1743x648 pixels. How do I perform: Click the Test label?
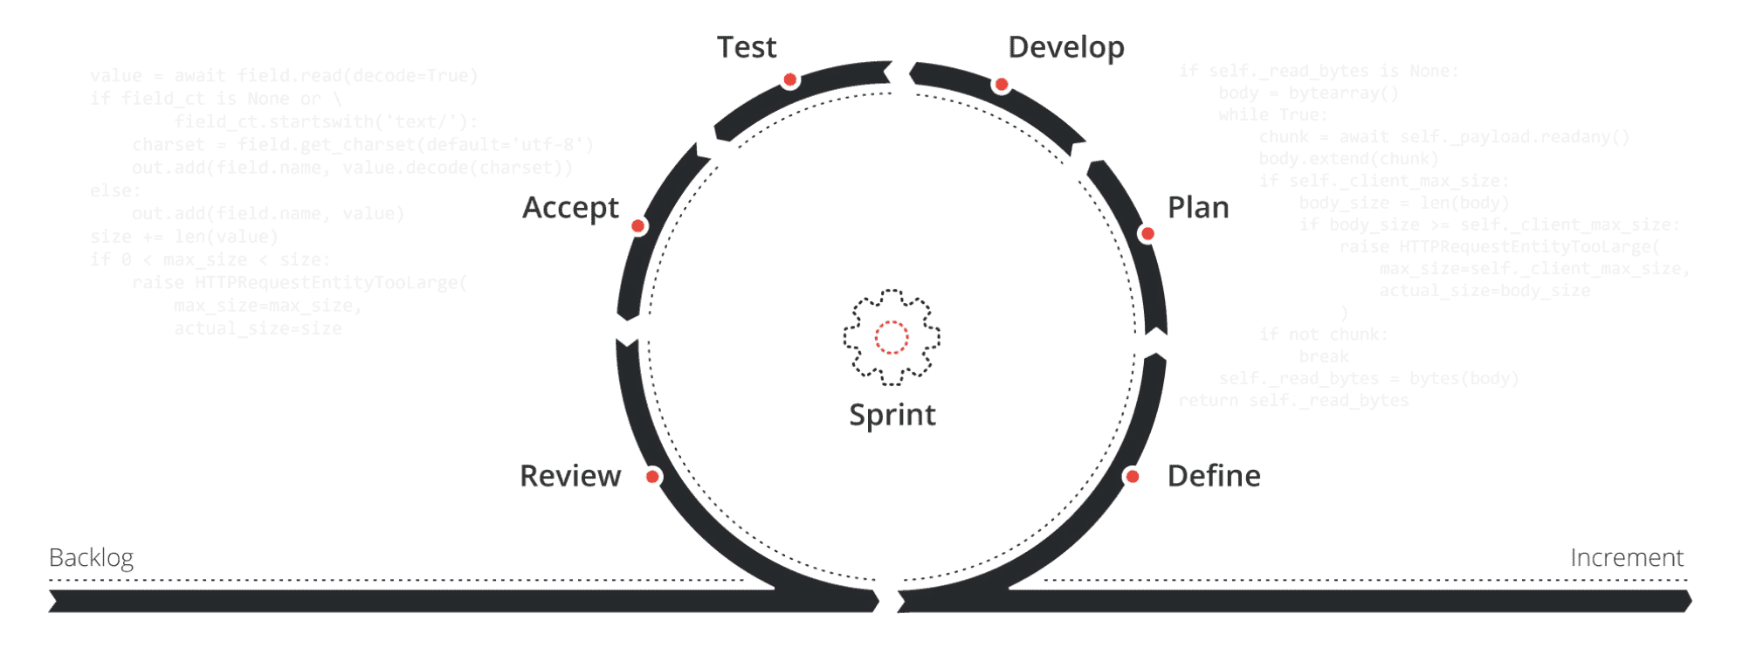click(x=747, y=47)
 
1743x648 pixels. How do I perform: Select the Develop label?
click(x=1066, y=47)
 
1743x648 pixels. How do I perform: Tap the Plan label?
click(x=1198, y=208)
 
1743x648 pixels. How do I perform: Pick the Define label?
click(x=1214, y=476)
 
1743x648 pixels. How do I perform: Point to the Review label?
click(x=570, y=476)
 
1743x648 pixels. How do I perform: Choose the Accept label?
click(x=570, y=208)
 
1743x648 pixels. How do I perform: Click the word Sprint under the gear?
click(x=892, y=415)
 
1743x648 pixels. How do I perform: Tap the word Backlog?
click(x=91, y=557)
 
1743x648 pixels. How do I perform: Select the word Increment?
click(x=1627, y=557)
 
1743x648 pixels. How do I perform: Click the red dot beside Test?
click(x=790, y=80)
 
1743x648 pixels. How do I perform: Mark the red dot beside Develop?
click(x=1002, y=85)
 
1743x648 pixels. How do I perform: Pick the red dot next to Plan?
click(x=1148, y=234)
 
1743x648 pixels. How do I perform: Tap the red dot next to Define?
click(x=1133, y=476)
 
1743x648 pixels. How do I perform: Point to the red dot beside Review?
click(x=652, y=476)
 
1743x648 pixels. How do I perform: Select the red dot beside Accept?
click(x=638, y=226)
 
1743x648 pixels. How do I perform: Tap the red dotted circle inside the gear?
click(x=892, y=337)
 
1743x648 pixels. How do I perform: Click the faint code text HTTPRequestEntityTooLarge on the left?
click(x=330, y=283)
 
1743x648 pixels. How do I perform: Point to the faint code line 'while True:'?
click(x=1273, y=115)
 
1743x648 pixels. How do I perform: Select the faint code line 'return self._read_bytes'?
click(x=1293, y=401)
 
